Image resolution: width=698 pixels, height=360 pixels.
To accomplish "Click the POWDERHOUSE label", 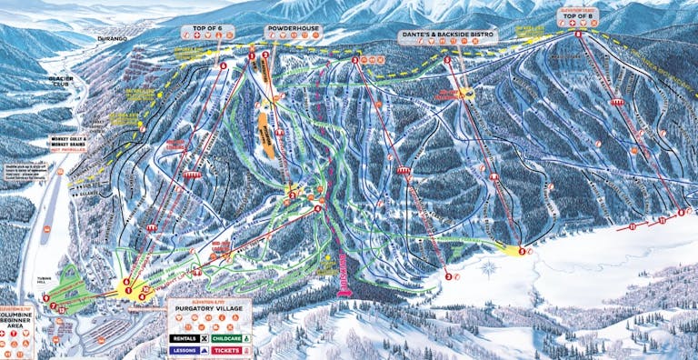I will pyautogui.click(x=293, y=29).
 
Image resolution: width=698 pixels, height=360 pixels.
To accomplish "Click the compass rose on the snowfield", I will pyautogui.click(x=490, y=269).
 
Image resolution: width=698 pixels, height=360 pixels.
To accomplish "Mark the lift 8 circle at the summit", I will pyautogui.click(x=578, y=34).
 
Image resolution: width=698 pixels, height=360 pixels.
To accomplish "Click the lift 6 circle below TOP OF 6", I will pyautogui.click(x=223, y=65).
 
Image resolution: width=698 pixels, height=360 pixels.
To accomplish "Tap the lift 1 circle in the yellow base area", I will pyautogui.click(x=128, y=290).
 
